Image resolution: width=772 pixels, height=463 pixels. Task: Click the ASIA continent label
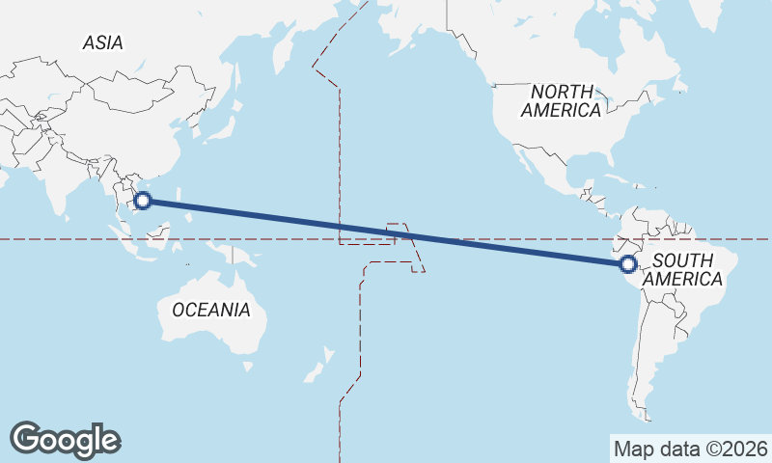102,42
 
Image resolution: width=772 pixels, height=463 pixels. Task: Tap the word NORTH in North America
561,91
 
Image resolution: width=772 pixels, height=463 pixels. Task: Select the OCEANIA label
210,310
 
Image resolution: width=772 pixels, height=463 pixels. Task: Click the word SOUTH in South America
682,260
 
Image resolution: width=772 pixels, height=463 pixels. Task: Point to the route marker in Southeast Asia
143,201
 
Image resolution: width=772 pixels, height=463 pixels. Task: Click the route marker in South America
628,263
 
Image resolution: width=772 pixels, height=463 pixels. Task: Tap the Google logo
65,439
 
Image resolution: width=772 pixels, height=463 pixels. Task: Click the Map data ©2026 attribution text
690,449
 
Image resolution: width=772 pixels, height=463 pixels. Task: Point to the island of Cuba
618,182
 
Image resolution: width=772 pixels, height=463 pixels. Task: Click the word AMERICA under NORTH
561,110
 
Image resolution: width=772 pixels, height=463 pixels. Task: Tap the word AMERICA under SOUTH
682,279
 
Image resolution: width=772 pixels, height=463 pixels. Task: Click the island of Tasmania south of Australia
248,366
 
